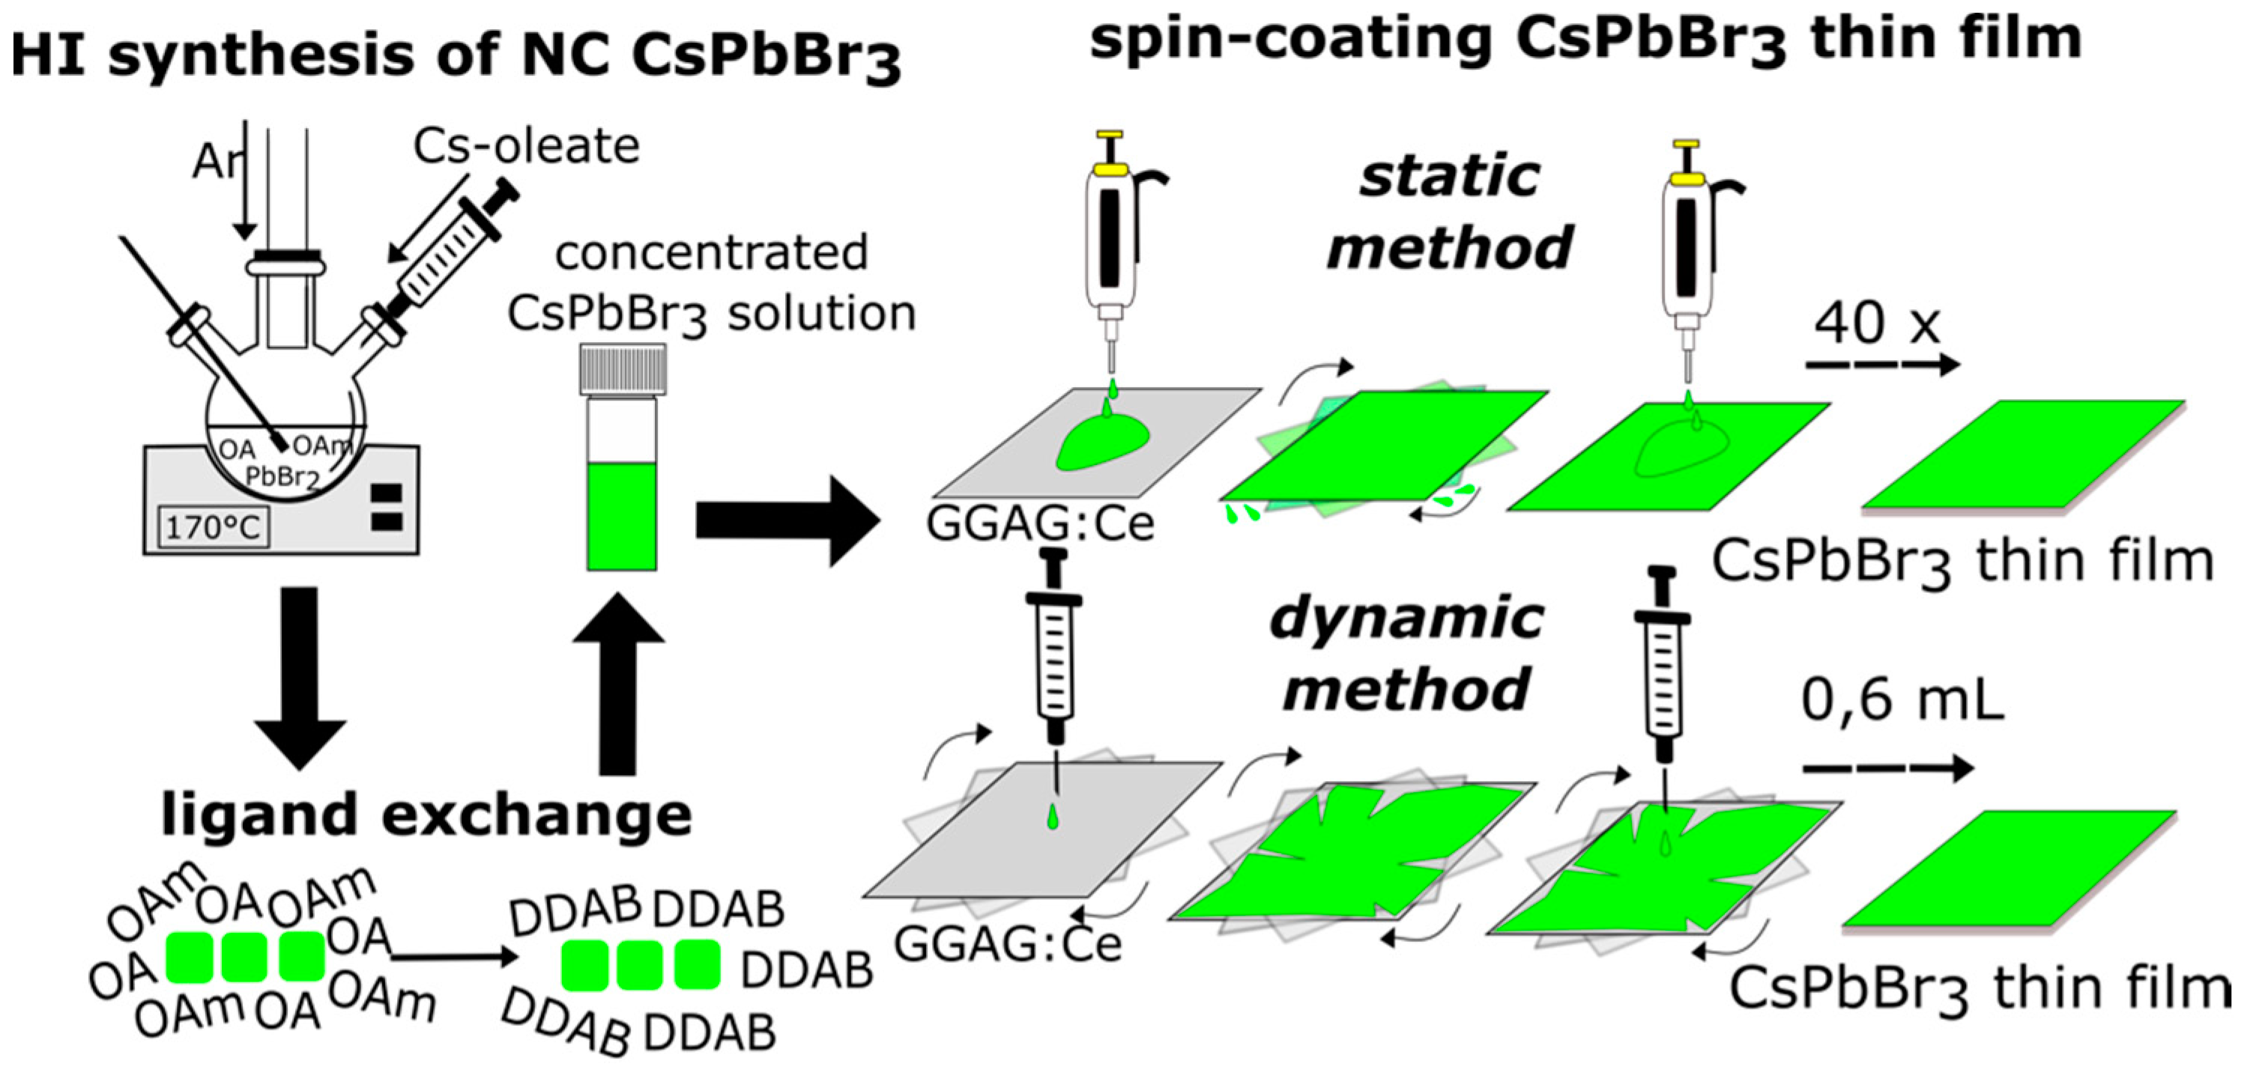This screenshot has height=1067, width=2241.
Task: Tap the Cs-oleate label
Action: (526, 146)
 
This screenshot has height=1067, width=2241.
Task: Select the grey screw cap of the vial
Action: (622, 370)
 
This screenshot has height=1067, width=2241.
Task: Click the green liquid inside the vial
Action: (621, 517)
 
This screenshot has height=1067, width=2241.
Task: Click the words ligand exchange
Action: (426, 815)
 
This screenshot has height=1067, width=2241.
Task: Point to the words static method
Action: (1451, 213)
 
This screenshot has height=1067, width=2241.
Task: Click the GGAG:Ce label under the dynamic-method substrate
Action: (1008, 943)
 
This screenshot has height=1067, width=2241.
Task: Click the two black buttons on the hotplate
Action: (387, 508)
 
